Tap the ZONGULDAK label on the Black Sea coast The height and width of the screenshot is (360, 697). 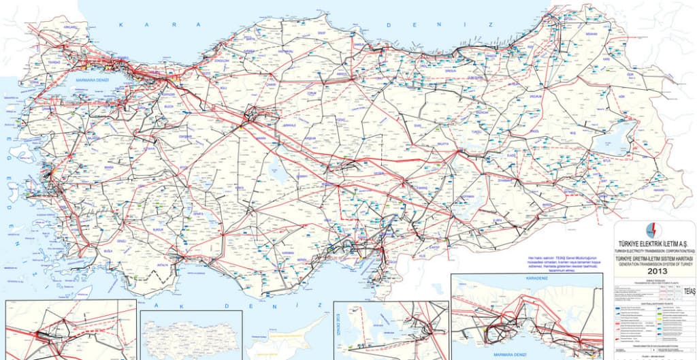[223, 60]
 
